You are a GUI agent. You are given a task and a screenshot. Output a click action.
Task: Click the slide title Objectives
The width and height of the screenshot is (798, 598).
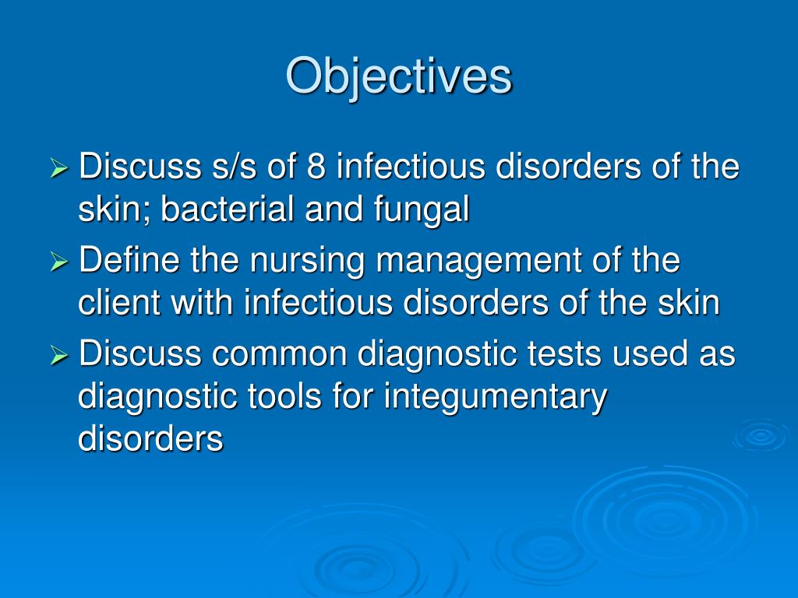(x=398, y=77)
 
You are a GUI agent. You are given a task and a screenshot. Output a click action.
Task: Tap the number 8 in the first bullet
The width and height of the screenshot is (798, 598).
(x=316, y=167)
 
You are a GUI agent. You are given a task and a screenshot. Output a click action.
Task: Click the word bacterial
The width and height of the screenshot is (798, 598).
(x=228, y=209)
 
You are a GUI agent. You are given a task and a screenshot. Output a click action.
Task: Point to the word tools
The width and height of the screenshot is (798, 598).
(x=284, y=396)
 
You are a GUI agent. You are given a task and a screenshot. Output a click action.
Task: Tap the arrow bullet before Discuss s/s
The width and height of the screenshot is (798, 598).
(x=59, y=169)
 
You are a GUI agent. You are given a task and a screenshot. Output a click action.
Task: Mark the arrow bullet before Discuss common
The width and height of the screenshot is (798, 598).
(x=59, y=357)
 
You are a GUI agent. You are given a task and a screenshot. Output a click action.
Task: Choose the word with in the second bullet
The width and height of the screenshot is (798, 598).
(x=202, y=303)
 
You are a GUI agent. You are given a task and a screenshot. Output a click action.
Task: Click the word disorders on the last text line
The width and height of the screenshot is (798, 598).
(x=150, y=438)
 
